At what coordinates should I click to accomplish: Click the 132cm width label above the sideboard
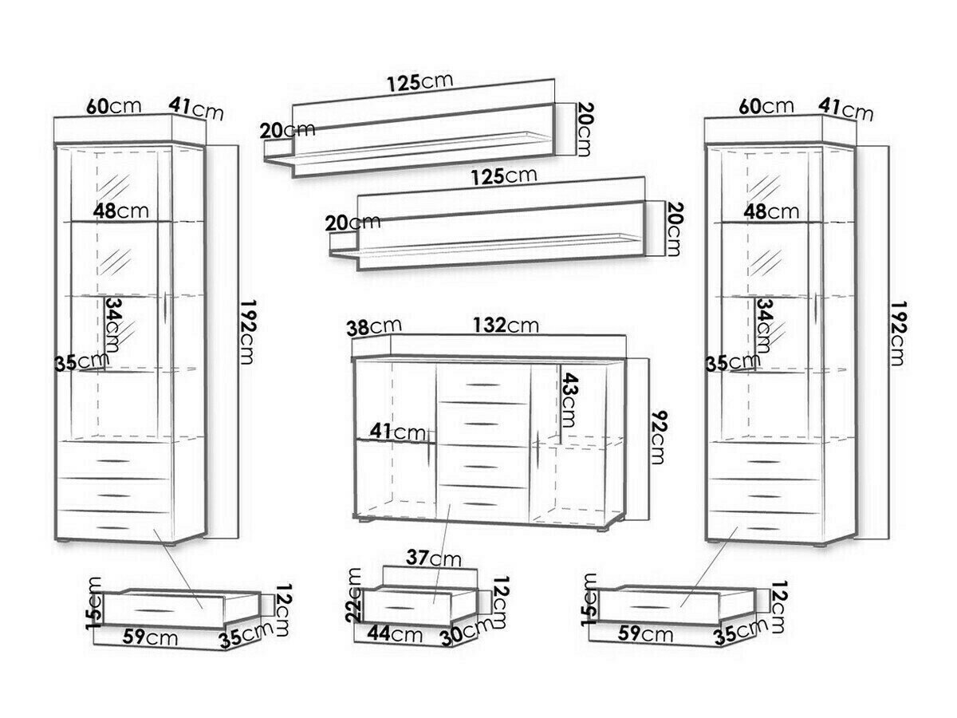(x=506, y=325)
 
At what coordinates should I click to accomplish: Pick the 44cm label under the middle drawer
(x=396, y=634)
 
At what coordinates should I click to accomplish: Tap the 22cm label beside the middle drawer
(x=355, y=594)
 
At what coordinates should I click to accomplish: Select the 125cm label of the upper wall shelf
(x=419, y=82)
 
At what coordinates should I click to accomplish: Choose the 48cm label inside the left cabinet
(x=119, y=211)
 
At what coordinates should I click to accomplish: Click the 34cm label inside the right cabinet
(x=765, y=326)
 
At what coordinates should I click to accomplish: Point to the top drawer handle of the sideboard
(x=481, y=385)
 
